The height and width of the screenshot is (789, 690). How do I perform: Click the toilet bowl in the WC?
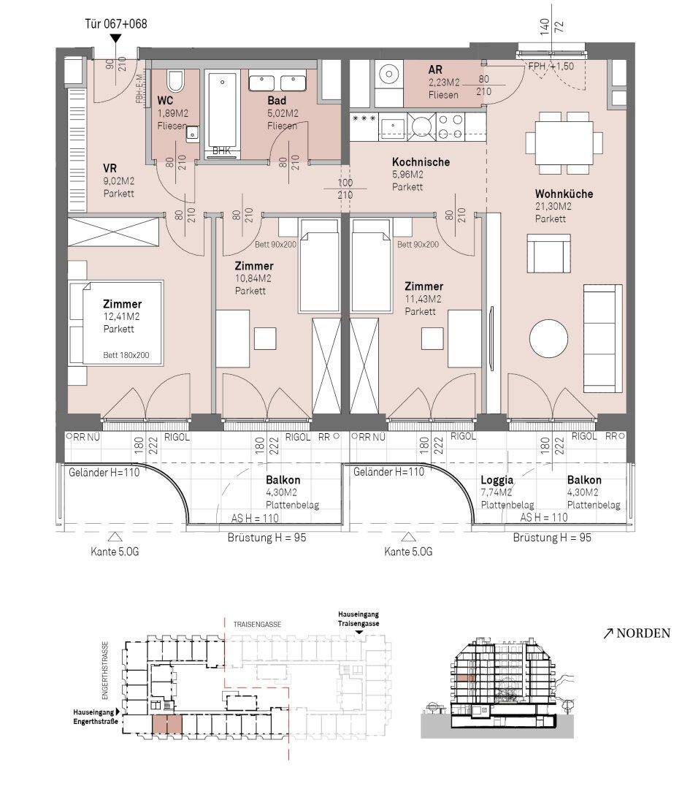click(175, 80)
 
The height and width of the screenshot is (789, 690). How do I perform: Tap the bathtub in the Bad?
click(222, 111)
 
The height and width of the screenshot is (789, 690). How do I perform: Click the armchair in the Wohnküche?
click(548, 253)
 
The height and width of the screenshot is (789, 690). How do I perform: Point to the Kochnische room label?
click(421, 162)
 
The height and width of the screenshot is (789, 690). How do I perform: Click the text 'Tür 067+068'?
click(115, 23)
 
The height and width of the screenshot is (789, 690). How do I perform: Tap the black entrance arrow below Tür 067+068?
click(116, 38)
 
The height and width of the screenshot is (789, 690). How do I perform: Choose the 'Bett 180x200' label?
click(126, 355)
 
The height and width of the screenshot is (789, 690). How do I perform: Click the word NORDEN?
click(643, 633)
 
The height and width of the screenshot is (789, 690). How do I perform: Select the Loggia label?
click(497, 480)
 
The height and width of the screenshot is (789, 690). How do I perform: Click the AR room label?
click(435, 69)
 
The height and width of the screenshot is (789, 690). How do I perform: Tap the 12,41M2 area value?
click(121, 316)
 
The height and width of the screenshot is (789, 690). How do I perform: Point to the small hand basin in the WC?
click(192, 134)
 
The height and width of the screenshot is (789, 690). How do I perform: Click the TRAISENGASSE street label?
click(257, 624)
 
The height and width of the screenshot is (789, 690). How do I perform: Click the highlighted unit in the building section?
click(465, 678)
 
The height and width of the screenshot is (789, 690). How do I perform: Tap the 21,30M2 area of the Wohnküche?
click(553, 206)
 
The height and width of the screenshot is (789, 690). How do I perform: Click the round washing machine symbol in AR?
click(388, 75)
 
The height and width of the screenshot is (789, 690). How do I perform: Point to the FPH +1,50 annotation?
click(551, 66)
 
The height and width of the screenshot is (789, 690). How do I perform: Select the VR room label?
click(110, 168)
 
